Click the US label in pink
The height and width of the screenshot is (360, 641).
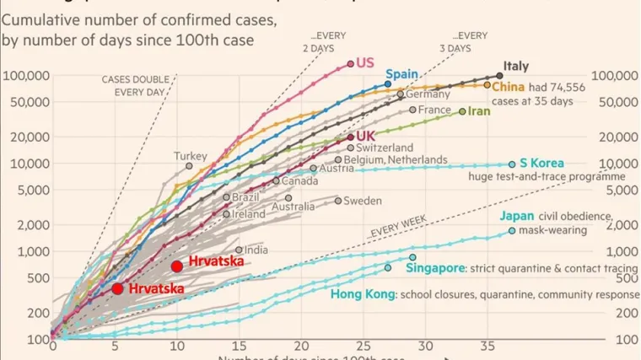click(x=365, y=62)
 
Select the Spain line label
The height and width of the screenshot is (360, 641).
click(x=402, y=74)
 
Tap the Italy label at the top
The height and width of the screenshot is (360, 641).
click(x=515, y=66)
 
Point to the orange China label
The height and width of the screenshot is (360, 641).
click(x=509, y=85)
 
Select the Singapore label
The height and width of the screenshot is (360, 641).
click(x=436, y=268)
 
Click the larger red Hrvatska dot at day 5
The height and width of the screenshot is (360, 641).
click(x=117, y=288)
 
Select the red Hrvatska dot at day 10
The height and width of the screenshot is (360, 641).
click(x=176, y=266)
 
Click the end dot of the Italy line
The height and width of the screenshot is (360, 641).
click(x=499, y=76)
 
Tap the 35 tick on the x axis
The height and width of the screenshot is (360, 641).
click(x=487, y=346)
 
